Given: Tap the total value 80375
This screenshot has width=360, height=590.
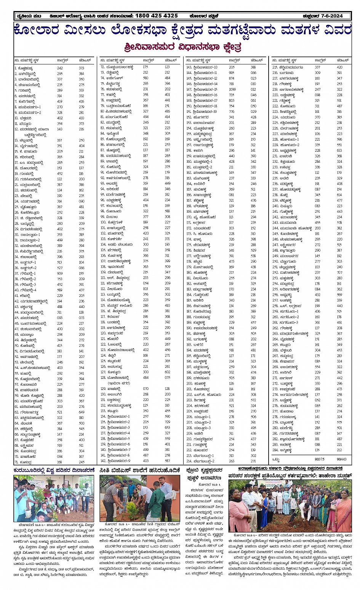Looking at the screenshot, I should [319, 459].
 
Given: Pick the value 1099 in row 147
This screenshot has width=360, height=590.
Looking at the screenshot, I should [232, 90].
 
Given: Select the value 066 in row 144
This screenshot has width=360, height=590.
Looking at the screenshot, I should [253, 73].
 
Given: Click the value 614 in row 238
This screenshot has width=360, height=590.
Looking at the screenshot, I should [339, 195].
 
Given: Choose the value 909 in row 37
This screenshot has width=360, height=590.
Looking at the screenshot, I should [60, 273].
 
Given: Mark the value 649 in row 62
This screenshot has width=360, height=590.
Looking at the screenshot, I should [82, 412].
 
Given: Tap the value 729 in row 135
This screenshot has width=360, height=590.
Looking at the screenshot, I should [168, 422].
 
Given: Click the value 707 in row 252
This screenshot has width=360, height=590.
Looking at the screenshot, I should [339, 273].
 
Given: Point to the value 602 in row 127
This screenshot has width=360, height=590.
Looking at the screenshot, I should [168, 372].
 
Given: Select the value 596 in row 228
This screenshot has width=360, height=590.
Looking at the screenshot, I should [339, 139].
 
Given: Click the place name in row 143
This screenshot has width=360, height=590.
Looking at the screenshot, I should [205, 67].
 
